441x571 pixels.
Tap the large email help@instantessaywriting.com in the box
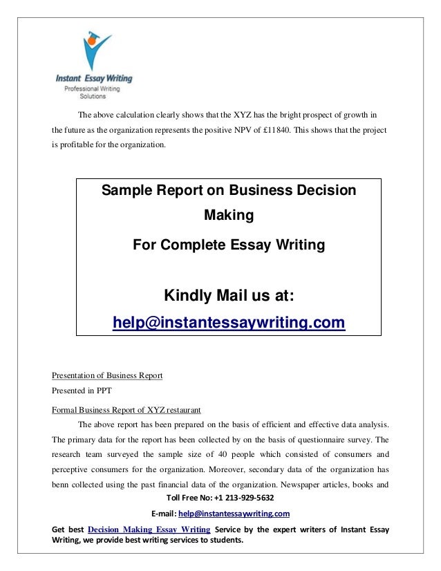pyautogui.click(x=229, y=322)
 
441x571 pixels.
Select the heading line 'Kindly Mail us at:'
pyautogui.click(x=229, y=296)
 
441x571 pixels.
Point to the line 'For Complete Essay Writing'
pyautogui.click(x=229, y=244)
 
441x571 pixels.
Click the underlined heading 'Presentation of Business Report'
pyautogui.click(x=107, y=375)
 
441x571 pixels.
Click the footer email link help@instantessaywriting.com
pyautogui.click(x=234, y=514)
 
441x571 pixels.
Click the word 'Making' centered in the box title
pyautogui.click(x=229, y=215)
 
